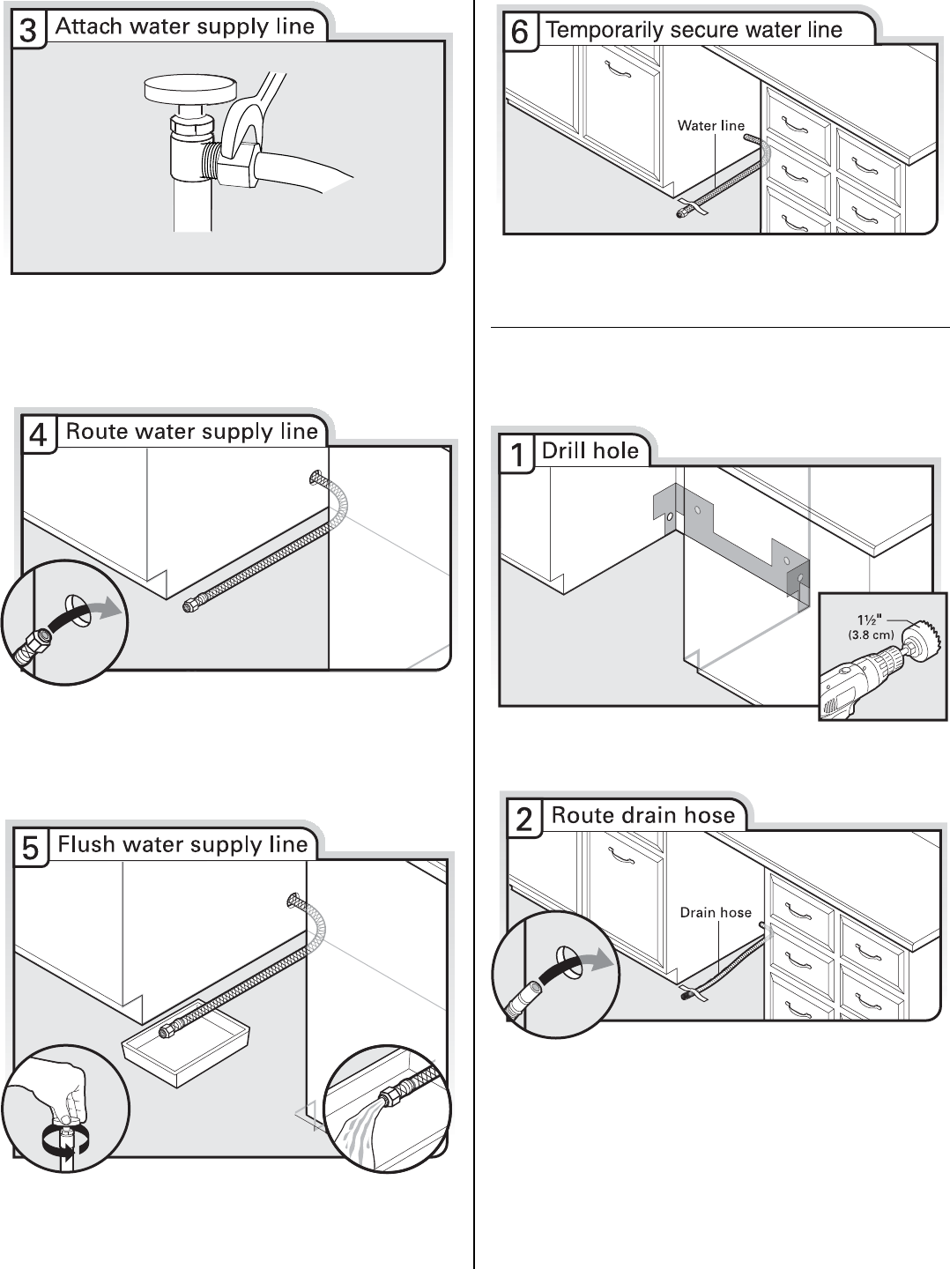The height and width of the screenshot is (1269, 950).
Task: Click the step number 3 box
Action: click(28, 31)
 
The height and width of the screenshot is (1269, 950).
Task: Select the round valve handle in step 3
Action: click(191, 89)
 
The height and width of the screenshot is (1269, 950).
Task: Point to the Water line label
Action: click(710, 126)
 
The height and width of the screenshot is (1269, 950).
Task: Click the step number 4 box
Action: click(39, 435)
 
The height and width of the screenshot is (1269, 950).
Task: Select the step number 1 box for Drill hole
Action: click(517, 455)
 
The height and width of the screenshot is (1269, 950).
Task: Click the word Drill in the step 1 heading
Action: click(564, 451)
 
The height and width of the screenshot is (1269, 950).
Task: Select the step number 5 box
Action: click(30, 848)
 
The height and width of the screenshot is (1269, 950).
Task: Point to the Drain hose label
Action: click(716, 913)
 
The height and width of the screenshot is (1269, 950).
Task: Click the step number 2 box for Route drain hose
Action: click(523, 820)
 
